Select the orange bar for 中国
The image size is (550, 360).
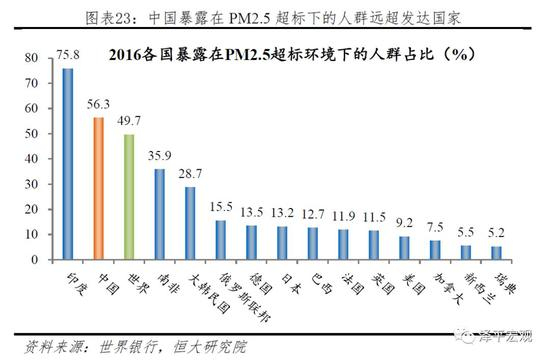click(x=98, y=189)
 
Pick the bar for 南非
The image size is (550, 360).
click(x=159, y=214)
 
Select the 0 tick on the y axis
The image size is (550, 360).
click(x=39, y=260)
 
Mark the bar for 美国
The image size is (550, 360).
click(x=405, y=247)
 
